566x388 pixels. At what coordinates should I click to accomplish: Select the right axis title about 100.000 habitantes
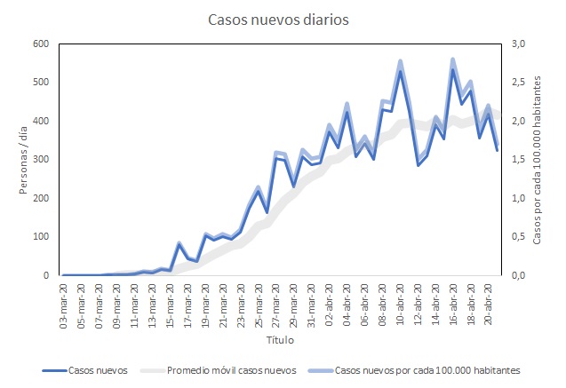(537, 160)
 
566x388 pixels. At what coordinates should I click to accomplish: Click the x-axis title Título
(279, 340)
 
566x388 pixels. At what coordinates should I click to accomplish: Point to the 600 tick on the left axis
(41, 44)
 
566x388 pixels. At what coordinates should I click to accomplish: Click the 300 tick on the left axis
(41, 159)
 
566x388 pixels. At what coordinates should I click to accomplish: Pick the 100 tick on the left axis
(41, 236)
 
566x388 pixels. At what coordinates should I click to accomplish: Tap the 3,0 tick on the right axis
(516, 44)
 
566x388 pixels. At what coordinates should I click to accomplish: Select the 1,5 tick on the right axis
(516, 159)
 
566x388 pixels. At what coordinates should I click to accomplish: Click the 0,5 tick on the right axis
(516, 236)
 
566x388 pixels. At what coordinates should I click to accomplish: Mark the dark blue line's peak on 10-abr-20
(400, 71)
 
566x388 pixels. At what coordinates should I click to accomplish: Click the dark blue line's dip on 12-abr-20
(418, 165)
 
